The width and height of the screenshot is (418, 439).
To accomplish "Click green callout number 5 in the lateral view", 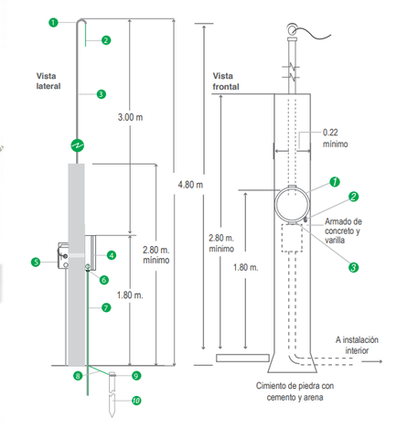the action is pyautogui.click(x=36, y=262).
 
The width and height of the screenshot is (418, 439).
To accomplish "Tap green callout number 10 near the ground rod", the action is pyautogui.click(x=136, y=401).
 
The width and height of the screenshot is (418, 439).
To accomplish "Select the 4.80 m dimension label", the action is pyautogui.click(x=190, y=185).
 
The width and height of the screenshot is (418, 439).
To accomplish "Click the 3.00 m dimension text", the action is pyautogui.click(x=130, y=117).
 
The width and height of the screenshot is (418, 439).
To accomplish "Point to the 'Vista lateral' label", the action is pyautogui.click(x=48, y=81).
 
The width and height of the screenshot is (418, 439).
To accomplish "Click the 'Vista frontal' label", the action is pyautogui.click(x=226, y=81).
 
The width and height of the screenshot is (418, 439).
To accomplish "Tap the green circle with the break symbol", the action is pyautogui.click(x=78, y=145).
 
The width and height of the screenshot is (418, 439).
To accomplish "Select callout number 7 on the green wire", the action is pyautogui.click(x=106, y=307).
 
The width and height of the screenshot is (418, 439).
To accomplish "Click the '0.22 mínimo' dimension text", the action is pyautogui.click(x=335, y=138).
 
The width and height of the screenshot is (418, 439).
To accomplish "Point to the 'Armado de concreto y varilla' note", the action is pyautogui.click(x=343, y=230).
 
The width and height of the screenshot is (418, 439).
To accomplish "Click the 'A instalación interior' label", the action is pyautogui.click(x=357, y=345).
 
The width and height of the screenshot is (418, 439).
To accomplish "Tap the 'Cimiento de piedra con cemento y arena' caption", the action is pyautogui.click(x=295, y=391).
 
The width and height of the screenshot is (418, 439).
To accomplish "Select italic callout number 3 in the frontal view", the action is pyautogui.click(x=353, y=267).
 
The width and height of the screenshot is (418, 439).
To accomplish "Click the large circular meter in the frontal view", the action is pyautogui.click(x=292, y=205).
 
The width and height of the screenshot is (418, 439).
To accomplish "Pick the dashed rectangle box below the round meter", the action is pyautogui.click(x=292, y=238).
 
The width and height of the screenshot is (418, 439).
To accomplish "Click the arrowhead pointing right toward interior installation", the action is pyautogui.click(x=380, y=361).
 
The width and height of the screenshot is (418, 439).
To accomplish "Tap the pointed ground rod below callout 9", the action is pyautogui.click(x=112, y=394).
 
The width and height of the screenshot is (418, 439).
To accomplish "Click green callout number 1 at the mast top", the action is pyautogui.click(x=53, y=22).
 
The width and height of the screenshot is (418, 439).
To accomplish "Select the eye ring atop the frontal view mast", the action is pyautogui.click(x=292, y=30).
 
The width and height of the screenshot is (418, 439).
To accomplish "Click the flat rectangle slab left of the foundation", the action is pyautogui.click(x=242, y=358).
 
